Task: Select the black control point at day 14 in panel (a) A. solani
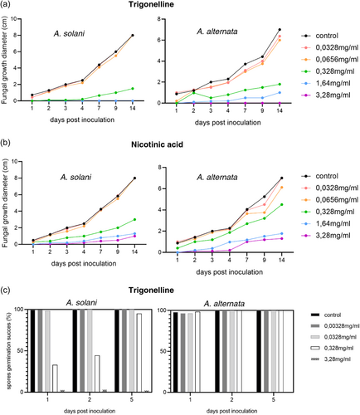132,36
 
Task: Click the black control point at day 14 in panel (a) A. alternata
279,30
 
